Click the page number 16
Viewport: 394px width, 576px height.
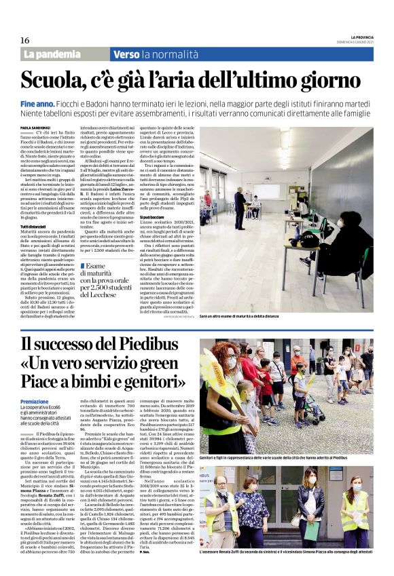coord(25,41)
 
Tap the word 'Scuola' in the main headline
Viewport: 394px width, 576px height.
coord(66,80)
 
